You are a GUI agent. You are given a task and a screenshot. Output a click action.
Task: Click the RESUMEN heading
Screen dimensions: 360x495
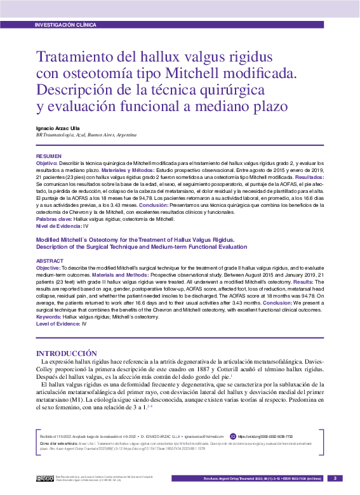49,156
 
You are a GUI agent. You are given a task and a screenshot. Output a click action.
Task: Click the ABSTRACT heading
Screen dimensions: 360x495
50,261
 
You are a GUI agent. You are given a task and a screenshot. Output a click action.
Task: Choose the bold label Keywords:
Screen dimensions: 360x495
48,316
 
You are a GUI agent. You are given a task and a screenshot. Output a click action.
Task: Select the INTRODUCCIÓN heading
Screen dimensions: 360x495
66,353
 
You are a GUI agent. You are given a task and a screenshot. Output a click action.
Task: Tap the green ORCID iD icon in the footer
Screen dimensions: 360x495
233,437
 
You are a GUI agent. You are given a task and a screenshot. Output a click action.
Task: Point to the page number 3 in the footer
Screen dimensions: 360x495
337,478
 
